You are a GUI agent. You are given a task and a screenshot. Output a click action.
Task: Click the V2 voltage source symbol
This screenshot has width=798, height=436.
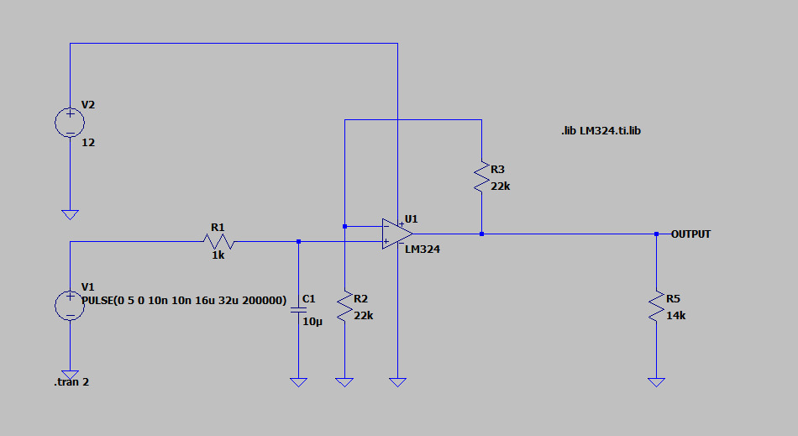point(70,123)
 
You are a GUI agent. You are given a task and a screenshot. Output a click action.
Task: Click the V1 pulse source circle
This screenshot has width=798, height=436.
point(70,306)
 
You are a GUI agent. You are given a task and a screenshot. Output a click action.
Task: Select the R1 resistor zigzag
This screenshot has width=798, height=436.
point(218,242)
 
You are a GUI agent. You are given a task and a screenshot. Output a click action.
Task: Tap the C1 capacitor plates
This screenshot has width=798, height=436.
point(298,310)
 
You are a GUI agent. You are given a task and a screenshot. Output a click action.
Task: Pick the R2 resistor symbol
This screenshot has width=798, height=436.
point(344,307)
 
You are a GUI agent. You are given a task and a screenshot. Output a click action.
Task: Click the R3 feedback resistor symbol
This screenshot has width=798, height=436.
point(481,177)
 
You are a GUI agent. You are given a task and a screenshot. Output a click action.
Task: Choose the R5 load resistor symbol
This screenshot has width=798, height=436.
point(656,307)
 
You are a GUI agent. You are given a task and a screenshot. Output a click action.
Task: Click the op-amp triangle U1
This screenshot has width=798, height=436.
point(397,234)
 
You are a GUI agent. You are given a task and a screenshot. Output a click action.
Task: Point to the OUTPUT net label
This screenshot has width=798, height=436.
point(690,234)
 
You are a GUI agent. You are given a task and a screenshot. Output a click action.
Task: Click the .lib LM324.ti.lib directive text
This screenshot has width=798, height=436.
point(601,131)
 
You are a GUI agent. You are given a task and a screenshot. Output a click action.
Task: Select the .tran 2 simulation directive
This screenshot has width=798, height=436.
point(71,382)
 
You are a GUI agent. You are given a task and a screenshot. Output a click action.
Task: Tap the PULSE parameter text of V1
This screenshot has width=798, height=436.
point(184,301)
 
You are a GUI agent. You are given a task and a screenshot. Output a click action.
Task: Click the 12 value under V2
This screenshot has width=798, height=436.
point(88,143)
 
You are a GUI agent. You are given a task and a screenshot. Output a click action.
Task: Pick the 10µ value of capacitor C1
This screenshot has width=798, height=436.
point(312,322)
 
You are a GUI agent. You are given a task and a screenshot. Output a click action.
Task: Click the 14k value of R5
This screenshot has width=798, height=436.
point(676,315)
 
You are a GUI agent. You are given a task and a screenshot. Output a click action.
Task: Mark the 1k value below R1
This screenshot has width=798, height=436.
point(218,255)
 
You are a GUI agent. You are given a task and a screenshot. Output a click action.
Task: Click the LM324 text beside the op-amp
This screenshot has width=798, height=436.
point(423,250)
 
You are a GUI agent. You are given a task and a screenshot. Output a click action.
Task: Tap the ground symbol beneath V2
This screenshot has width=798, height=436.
point(70,215)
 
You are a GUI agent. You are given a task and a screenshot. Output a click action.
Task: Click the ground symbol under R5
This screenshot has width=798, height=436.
point(656,382)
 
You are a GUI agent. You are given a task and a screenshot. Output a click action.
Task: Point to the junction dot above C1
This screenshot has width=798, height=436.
point(298,242)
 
